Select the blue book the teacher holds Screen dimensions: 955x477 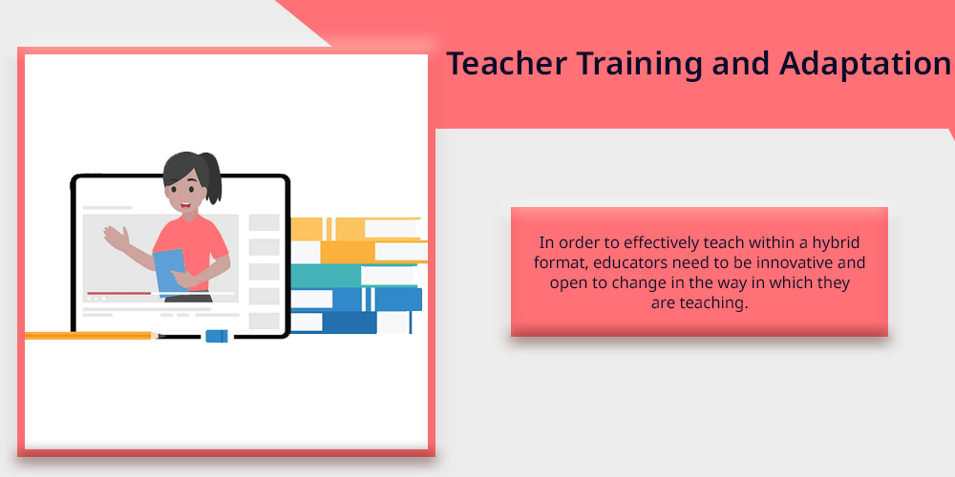[169, 270]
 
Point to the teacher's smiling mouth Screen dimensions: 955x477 [186, 205]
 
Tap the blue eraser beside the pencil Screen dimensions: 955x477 [217, 336]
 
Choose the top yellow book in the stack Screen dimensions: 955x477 [355, 229]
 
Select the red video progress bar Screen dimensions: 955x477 [118, 293]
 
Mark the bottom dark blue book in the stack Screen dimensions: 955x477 [350, 321]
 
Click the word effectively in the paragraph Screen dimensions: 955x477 [662, 243]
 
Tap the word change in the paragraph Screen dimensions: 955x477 [636, 283]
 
